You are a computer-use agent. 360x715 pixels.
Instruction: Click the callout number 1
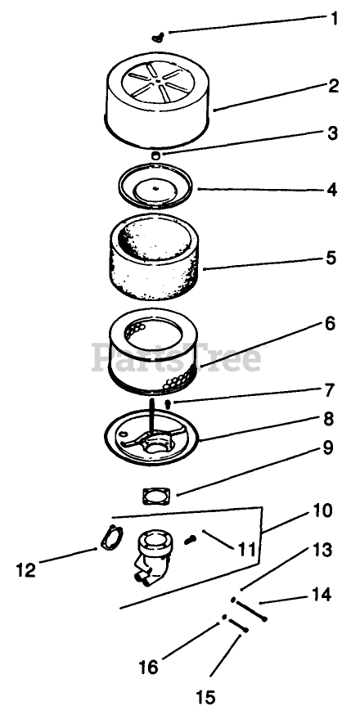pos(335,19)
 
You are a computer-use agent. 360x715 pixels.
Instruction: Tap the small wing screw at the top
pos(159,38)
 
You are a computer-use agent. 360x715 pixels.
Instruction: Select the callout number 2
pos(334,85)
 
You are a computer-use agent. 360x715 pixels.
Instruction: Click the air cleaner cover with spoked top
pos(158,100)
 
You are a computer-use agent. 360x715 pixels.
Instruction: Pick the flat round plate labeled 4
pos(155,186)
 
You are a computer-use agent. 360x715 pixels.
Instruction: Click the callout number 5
pos(331,258)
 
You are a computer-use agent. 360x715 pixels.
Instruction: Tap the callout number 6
pos(330,324)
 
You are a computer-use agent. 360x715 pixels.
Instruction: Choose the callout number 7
pos(329,391)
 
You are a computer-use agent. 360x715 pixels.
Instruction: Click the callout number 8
pos(329,419)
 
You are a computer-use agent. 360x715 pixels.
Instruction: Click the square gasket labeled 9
pos(156,496)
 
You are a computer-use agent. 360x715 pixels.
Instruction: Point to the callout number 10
pos(322,510)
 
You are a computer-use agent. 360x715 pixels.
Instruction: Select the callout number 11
pos(246,550)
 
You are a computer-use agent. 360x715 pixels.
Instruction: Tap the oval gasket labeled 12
pos(112,538)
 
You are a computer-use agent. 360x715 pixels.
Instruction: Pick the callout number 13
pos(322,550)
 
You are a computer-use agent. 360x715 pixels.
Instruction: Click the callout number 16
pos(149,667)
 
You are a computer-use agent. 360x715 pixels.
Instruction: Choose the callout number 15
pos(205,697)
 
